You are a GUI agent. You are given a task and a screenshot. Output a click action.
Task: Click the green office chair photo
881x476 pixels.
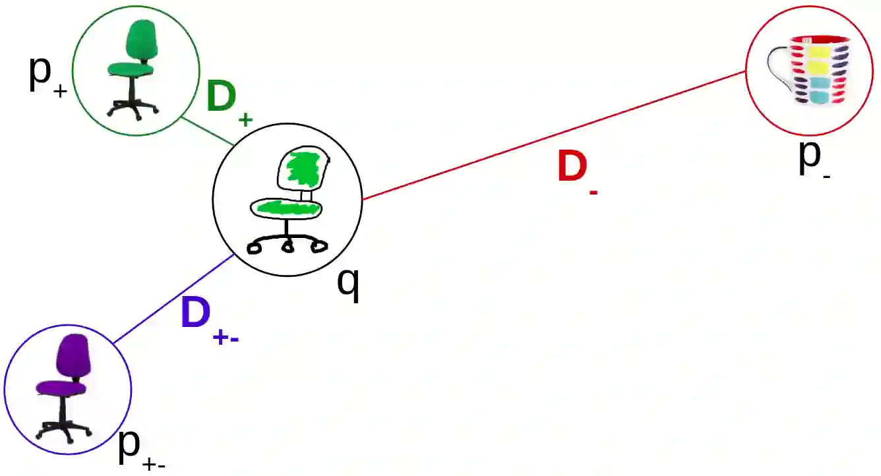pyautogui.click(x=135, y=69)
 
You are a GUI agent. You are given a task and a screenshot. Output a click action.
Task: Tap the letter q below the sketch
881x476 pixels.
pyautogui.click(x=348, y=282)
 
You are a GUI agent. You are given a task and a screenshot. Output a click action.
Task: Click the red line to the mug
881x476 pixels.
pyautogui.click(x=554, y=135)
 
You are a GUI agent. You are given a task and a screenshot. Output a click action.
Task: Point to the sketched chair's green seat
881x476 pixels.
pyautogui.click(x=288, y=208)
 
